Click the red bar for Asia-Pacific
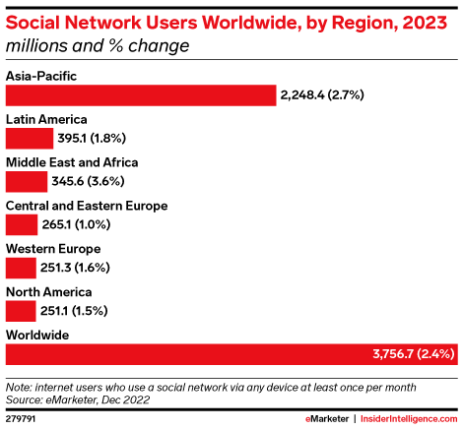(140, 94)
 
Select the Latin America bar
(29, 138)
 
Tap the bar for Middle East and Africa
(26, 181)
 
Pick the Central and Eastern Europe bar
(22, 224)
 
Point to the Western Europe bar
(22, 268)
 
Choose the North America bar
(22, 311)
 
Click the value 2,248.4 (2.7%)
(321, 94)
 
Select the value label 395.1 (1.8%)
(92, 138)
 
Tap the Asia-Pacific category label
(40, 76)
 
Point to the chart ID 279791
(23, 418)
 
